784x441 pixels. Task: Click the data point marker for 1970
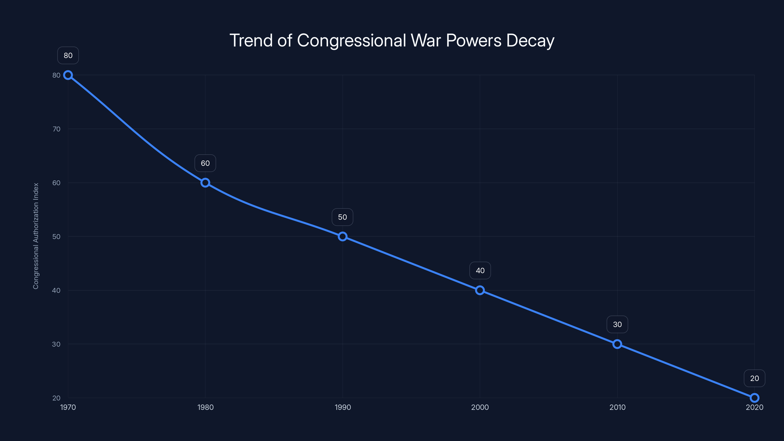tap(68, 75)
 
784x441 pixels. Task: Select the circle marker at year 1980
tap(205, 183)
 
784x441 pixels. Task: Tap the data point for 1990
tap(343, 236)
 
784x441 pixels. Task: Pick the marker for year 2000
tap(480, 290)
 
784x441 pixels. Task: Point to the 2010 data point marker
tap(617, 344)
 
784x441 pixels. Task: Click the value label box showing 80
tap(68, 55)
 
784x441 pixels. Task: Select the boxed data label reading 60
tap(205, 163)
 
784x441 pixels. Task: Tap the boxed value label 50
tap(343, 217)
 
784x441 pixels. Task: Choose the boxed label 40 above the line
tap(480, 270)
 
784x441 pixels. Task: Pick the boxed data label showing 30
tap(617, 324)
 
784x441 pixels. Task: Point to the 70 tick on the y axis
tap(56, 129)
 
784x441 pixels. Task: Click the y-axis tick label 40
tap(56, 290)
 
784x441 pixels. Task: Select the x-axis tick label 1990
tap(343, 407)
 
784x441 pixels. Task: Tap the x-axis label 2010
tap(617, 407)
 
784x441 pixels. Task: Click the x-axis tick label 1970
tap(68, 407)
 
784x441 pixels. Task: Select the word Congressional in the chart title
tap(351, 40)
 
